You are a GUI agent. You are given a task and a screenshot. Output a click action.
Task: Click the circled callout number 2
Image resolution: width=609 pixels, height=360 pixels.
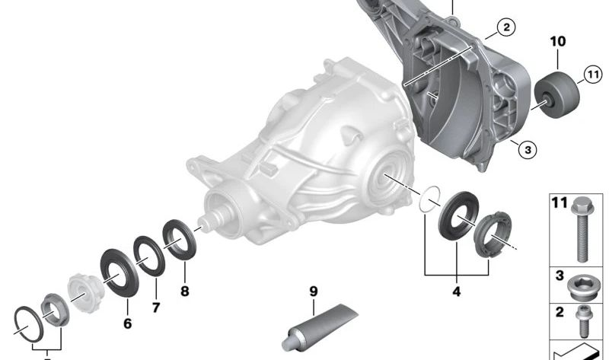(x=506, y=27)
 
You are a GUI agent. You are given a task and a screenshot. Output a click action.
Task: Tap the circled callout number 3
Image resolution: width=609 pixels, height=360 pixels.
(x=528, y=149)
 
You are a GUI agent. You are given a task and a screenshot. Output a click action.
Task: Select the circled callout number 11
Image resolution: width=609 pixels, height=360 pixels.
(x=593, y=74)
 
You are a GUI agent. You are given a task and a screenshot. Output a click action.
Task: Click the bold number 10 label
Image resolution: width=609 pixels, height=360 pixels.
(x=558, y=41)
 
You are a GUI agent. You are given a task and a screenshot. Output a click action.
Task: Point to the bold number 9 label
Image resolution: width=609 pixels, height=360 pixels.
(x=314, y=292)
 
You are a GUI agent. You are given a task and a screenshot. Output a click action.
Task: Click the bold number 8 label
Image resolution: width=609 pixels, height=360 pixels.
(x=185, y=291)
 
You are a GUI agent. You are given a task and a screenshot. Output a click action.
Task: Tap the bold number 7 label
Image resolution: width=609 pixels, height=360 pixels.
(x=156, y=307)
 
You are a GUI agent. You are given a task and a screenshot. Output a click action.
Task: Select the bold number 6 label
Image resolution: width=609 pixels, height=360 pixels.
(x=127, y=323)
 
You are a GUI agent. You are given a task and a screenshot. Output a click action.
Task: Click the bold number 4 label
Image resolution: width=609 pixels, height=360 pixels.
(x=456, y=292)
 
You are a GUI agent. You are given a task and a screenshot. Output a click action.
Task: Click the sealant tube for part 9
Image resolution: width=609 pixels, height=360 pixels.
(x=318, y=327)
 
